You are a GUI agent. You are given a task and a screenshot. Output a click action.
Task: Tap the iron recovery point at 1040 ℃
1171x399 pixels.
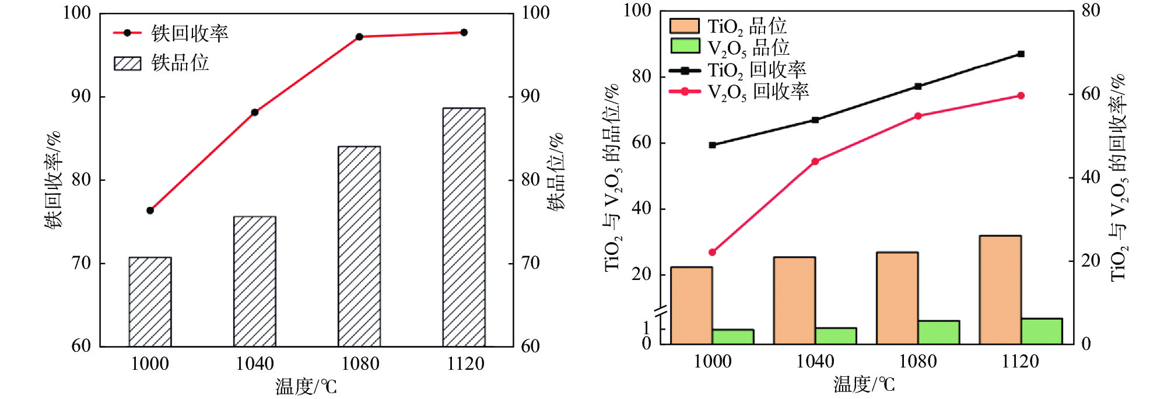(x=255, y=112)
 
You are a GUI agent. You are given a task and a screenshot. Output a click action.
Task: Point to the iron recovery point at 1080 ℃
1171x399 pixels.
(x=359, y=37)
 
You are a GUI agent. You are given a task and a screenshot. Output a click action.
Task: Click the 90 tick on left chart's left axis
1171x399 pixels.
(x=81, y=96)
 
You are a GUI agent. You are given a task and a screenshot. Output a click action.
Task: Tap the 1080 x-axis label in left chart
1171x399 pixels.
(x=360, y=364)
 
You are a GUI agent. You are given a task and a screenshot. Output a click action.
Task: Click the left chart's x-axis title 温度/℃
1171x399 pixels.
(x=306, y=386)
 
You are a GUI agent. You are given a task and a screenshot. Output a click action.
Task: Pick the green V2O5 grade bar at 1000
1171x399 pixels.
(x=733, y=337)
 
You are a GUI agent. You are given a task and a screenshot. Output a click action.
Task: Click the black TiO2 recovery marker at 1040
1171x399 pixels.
(x=815, y=120)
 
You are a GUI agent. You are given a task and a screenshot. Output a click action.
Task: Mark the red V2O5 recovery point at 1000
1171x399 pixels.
(x=712, y=252)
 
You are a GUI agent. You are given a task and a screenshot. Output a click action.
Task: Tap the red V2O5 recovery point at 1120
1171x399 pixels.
(x=1021, y=96)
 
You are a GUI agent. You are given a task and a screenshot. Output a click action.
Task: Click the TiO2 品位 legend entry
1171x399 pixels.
(x=728, y=26)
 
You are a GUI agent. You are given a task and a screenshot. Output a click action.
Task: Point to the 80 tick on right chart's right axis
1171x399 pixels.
(x=1090, y=11)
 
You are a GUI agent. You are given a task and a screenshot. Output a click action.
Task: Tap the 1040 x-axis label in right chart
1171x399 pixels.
(x=815, y=362)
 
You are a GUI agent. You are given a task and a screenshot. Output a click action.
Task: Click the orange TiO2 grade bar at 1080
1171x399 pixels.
(x=897, y=298)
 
